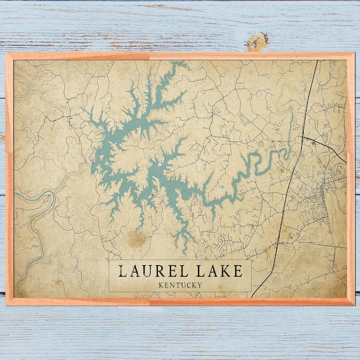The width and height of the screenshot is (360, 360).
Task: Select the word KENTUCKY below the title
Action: coord(180,284)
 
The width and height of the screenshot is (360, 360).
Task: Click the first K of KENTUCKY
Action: coord(157,284)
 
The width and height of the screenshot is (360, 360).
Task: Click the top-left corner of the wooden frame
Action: coord(7,55)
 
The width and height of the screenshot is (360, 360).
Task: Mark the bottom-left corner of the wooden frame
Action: coord(7,304)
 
